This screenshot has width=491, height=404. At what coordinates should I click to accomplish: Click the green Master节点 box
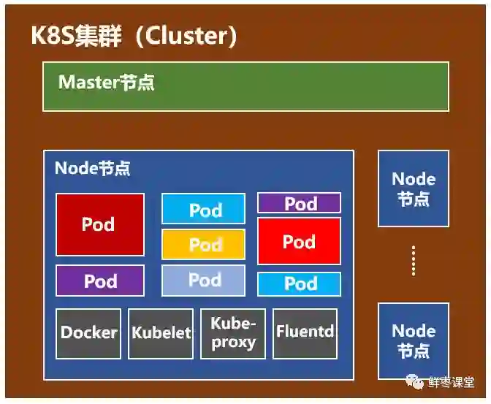coord(245,86)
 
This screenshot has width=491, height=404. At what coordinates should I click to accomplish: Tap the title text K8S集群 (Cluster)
coord(134,37)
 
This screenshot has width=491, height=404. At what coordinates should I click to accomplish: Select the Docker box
coord(88,333)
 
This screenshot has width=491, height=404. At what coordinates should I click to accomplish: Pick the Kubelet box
coord(161,333)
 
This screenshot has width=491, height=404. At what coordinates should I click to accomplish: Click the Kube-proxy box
coord(233,333)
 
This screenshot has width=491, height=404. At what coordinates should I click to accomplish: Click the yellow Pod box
coord(204,244)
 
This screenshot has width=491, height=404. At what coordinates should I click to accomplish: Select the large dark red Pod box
coord(100,224)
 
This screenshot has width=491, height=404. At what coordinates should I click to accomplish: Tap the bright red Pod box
coord(299,241)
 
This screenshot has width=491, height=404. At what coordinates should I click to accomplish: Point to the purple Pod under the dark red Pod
coord(100,281)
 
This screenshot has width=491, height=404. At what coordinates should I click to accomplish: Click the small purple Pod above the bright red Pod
coord(299,203)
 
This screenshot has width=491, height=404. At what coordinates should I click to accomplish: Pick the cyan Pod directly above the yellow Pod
coord(204,210)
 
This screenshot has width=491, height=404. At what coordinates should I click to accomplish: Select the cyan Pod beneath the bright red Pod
coord(299,283)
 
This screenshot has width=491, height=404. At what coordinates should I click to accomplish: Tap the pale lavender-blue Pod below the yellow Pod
coord(204,280)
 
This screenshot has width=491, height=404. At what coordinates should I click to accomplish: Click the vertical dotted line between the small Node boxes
coord(414,261)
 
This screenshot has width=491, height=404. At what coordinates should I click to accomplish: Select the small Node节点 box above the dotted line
coord(414,188)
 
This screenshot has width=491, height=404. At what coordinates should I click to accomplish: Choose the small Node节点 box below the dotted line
coord(414,340)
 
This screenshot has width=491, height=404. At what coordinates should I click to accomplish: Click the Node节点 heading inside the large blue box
coord(93,168)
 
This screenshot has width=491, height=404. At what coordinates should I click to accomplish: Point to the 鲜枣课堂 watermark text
coord(451,382)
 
